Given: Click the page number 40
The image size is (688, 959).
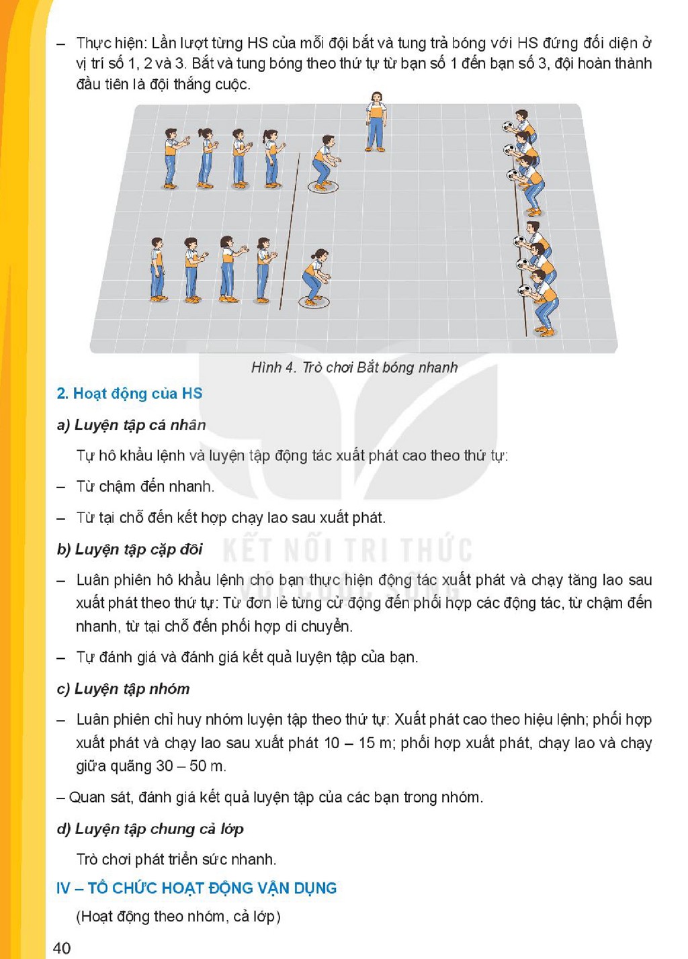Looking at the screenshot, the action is [x=62, y=948].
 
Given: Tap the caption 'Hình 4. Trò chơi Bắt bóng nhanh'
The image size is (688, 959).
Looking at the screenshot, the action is [x=354, y=367].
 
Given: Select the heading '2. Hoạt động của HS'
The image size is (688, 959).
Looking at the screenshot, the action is [x=130, y=394].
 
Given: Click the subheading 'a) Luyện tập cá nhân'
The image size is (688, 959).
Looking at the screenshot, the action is [x=132, y=424].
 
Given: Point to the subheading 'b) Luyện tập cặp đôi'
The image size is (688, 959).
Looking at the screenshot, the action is [x=130, y=549].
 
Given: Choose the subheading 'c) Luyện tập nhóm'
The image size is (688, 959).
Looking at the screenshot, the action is [x=124, y=688].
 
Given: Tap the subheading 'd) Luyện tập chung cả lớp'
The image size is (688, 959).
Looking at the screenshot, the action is [x=150, y=829].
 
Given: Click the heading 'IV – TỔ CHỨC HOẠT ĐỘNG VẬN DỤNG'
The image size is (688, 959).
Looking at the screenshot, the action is [x=197, y=888].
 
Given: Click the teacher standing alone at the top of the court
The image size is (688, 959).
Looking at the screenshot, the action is [x=376, y=122].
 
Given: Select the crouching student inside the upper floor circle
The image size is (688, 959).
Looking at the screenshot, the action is [x=325, y=163].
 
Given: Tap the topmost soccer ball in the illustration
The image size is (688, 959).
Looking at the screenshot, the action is [x=509, y=126].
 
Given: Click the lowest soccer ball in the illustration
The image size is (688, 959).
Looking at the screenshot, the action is [x=523, y=291].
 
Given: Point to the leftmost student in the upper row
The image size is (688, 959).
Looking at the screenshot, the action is [x=174, y=158].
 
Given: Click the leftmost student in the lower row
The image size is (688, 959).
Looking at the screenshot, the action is [x=158, y=269].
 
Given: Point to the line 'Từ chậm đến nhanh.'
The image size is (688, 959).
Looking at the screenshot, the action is [x=145, y=487].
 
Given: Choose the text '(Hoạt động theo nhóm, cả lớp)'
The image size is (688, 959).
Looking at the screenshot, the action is [x=179, y=916].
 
